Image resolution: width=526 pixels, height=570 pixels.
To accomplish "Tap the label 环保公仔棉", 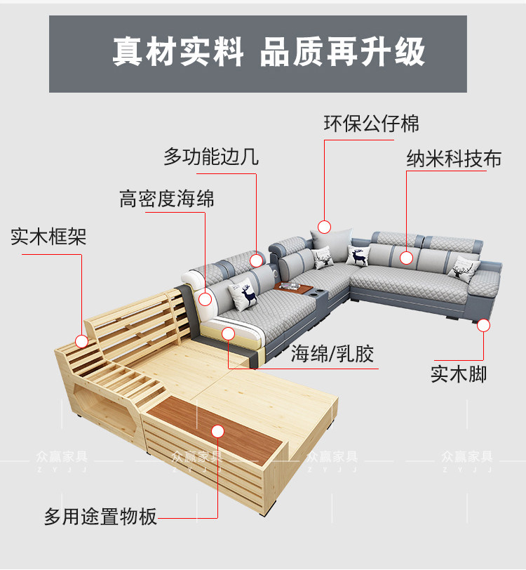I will click(x=371, y=124).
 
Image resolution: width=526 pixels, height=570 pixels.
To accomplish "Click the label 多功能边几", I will click(x=211, y=156).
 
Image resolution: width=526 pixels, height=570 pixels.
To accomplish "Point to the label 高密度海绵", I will click(x=167, y=199).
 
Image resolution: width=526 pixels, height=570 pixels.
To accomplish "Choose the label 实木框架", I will click(x=48, y=236).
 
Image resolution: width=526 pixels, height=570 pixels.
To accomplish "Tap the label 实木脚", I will click(x=458, y=373).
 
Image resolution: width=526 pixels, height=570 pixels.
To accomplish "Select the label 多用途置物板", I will click(x=100, y=517).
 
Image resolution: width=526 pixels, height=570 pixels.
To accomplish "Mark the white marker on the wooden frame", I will click(x=81, y=342).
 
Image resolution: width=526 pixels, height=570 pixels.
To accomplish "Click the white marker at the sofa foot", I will click(x=484, y=325).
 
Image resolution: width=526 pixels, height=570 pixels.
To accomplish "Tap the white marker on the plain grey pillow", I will click(x=324, y=227).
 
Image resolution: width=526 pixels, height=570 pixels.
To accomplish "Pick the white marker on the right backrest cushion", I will click(x=407, y=258).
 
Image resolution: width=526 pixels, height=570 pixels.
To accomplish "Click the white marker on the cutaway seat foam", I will click(x=227, y=333).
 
